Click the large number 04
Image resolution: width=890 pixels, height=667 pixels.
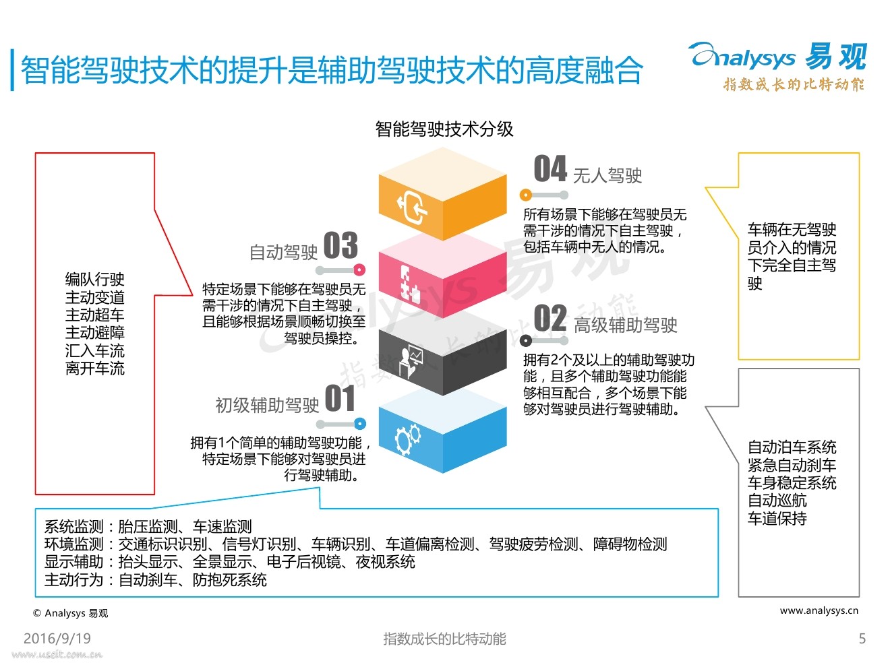[550, 168]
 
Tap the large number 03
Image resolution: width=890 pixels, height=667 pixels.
[340, 245]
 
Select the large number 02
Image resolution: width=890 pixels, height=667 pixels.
[550, 319]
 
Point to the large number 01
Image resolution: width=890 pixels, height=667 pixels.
[340, 398]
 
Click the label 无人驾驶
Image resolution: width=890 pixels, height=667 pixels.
[607, 176]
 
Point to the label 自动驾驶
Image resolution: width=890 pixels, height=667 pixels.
[283, 253]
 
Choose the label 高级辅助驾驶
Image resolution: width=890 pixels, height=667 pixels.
[626, 325]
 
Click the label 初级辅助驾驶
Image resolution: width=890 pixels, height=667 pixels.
[267, 405]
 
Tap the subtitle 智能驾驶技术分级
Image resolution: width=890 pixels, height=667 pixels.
[444, 129]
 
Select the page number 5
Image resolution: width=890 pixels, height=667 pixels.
[862, 639]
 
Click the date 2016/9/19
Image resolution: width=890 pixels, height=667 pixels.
[57, 639]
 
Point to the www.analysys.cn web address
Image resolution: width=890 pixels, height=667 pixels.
[819, 610]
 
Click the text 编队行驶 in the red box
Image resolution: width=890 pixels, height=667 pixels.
[95, 280]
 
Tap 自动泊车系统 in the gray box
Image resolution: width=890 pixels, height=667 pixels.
[792, 447]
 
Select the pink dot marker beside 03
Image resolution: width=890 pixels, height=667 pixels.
[359, 269]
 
